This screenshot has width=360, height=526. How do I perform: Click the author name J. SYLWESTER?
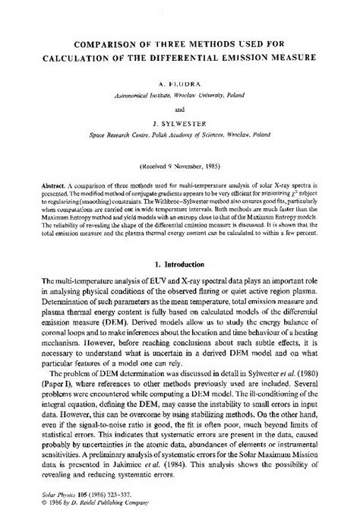(179, 120)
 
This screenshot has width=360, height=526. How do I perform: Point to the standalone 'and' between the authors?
(179, 109)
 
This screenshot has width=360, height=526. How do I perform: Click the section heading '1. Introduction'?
(179, 264)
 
